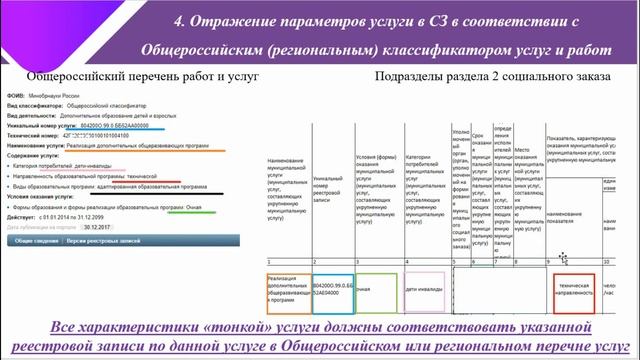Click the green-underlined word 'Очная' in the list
[x=201, y=208]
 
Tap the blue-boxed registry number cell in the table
[x=331, y=290]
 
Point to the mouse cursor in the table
[x=564, y=257]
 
